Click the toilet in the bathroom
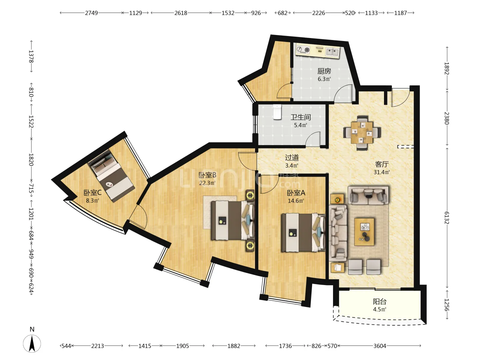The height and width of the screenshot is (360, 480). [x=277, y=112]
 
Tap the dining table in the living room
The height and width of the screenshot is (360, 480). [x=362, y=133]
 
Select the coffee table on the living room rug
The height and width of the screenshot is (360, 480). [x=364, y=232]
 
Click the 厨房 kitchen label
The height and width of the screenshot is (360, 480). [x=324, y=71]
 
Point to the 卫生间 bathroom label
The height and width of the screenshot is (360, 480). [x=300, y=117]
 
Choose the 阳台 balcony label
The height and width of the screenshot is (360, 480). [x=380, y=302]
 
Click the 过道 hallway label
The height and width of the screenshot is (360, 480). [x=292, y=157]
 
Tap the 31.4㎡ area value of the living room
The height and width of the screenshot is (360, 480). [x=382, y=172]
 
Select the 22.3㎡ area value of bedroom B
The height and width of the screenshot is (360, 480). [x=207, y=183]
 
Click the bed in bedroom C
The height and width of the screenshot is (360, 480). [x=111, y=176]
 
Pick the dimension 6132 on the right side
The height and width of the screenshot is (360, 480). [x=446, y=218]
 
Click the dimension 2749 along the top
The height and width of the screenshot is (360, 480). [x=91, y=13]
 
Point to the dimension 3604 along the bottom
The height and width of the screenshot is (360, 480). [x=380, y=346]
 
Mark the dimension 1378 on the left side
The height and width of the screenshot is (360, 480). [x=31, y=56]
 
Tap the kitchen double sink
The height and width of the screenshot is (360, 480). [x=332, y=52]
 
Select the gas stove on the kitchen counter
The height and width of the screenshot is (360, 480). [x=303, y=50]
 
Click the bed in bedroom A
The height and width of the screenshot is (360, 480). [x=303, y=233]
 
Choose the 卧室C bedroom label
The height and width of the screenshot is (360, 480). [x=93, y=193]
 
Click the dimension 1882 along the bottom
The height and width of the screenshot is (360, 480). [x=234, y=346]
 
